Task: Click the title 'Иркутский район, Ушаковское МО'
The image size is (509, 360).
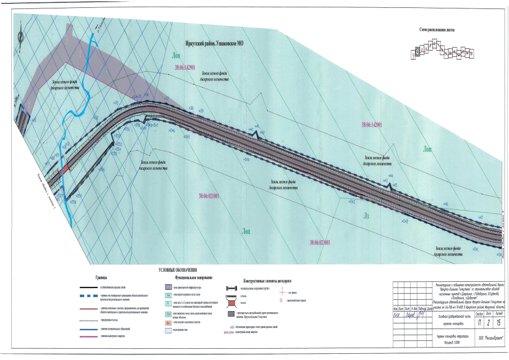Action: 218,43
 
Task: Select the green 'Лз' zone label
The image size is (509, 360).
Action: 366,215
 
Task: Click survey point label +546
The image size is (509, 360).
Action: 170,130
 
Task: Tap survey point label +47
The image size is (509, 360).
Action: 480,217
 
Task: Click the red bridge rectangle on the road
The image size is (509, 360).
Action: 65,168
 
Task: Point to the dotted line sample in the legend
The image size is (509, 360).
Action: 84,316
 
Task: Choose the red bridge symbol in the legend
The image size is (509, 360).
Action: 232,303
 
